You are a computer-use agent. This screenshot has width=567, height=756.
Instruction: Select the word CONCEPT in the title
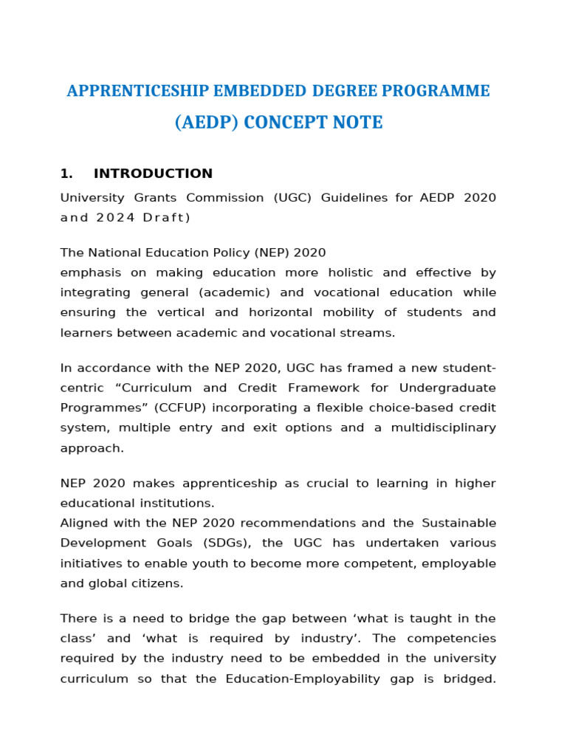coord(284,123)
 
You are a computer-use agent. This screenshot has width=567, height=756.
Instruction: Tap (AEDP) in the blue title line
coord(206,123)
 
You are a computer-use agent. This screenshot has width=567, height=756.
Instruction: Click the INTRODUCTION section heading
coord(153,173)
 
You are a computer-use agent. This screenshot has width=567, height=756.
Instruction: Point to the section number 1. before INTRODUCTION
coord(66,173)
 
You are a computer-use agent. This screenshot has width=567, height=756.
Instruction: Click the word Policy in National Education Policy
coord(250,253)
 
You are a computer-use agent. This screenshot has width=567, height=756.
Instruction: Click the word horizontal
coord(275,312)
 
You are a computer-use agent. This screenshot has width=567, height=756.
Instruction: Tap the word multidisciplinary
coord(441,427)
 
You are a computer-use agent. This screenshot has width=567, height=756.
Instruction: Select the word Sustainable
coord(458,523)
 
